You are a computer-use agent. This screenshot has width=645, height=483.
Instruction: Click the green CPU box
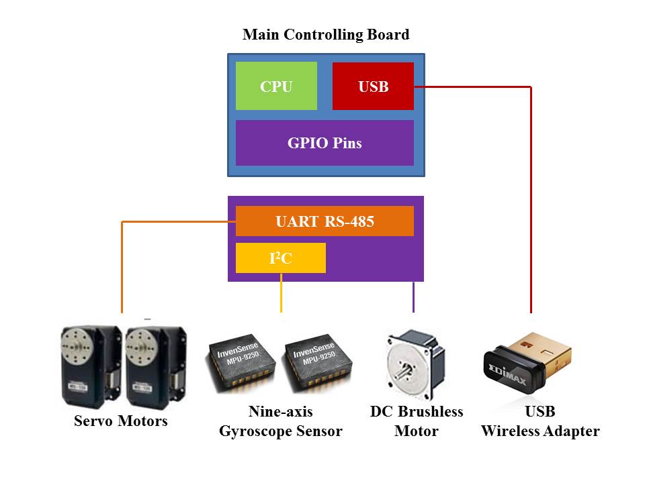coord(276,86)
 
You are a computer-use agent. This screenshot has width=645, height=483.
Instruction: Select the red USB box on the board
coord(373,87)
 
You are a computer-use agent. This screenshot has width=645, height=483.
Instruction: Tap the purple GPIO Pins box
coord(325,143)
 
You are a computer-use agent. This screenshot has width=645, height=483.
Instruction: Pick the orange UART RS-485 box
coord(325,221)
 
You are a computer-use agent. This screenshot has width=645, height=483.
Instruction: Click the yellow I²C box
coord(281,258)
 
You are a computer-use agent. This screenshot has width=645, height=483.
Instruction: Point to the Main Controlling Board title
coord(326,34)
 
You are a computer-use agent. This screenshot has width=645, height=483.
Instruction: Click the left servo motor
coord(91,367)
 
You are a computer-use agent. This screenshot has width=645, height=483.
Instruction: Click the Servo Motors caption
coord(120,421)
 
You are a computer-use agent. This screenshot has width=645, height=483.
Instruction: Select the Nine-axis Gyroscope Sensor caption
coord(281,421)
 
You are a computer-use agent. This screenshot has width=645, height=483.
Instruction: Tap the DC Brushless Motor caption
coord(417,421)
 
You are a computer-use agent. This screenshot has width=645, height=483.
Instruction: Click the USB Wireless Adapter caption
coord(540,421)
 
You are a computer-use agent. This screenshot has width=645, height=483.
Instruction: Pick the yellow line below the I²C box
coord(281,293)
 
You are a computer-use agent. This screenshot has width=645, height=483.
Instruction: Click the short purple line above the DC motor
coord(413,297)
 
